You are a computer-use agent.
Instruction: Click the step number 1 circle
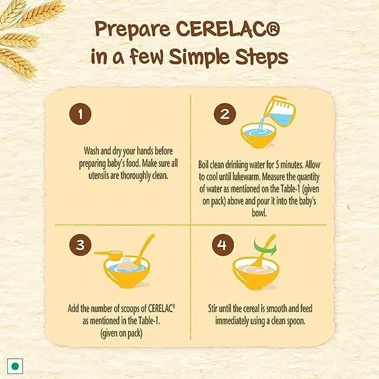tap(81, 114)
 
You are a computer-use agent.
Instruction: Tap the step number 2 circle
tap(225, 114)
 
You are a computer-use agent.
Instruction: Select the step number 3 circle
tap(81, 245)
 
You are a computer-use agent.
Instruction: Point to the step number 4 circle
tap(223, 245)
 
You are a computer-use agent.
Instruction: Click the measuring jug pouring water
tap(280, 111)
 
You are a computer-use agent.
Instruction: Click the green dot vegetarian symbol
tap(15, 366)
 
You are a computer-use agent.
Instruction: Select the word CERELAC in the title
tap(228, 29)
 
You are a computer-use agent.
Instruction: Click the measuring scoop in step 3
tap(109, 255)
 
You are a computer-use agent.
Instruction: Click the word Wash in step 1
tap(91, 151)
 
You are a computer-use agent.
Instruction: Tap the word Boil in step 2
tap(204, 165)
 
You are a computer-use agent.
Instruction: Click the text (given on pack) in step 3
tap(121, 333)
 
